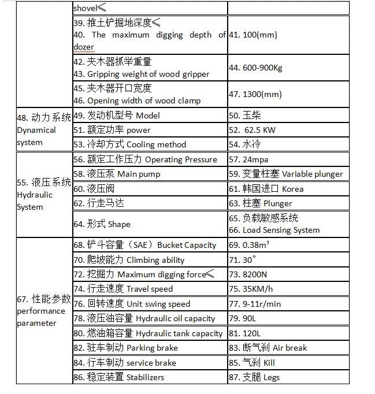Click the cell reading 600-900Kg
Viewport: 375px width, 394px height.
(x=257, y=68)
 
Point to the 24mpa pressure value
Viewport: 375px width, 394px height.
(x=250, y=159)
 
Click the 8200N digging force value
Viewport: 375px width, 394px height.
(x=252, y=274)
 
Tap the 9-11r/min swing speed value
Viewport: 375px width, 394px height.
(x=259, y=304)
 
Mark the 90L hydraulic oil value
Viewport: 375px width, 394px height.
(x=246, y=318)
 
